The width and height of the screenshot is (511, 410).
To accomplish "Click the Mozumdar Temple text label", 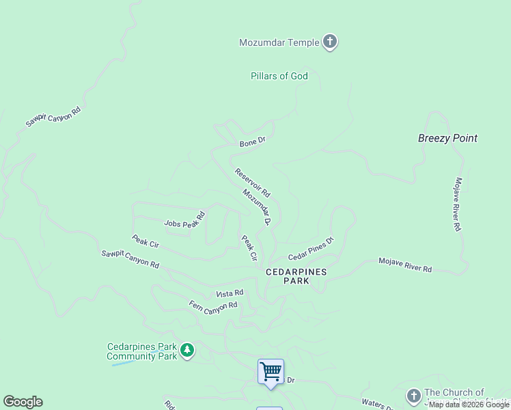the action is [279, 42].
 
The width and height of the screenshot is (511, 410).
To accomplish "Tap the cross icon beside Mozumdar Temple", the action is [330, 42].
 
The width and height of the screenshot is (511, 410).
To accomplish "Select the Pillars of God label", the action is [279, 77].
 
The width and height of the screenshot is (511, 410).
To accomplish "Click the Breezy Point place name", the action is [447, 138].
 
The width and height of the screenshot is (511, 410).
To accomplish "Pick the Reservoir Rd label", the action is [253, 182].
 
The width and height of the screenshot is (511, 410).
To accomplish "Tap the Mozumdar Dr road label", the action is [258, 206].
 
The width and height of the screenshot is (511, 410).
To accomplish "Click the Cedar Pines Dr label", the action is [311, 249].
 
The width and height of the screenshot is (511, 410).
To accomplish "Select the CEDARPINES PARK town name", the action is [296, 276].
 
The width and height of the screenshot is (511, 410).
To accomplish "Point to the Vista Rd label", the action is [230, 293].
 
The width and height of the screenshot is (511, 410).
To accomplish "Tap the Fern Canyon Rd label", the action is [213, 304].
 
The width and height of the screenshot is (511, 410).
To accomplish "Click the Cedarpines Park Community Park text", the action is [142, 352].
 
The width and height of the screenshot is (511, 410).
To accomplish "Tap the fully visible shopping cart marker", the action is [271, 372].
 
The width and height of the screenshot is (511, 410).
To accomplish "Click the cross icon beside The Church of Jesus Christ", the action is [413, 396].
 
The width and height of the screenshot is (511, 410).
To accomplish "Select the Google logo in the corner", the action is [23, 402].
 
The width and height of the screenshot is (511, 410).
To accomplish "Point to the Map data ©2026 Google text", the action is [469, 405].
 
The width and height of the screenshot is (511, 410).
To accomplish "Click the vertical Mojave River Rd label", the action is [458, 204].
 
